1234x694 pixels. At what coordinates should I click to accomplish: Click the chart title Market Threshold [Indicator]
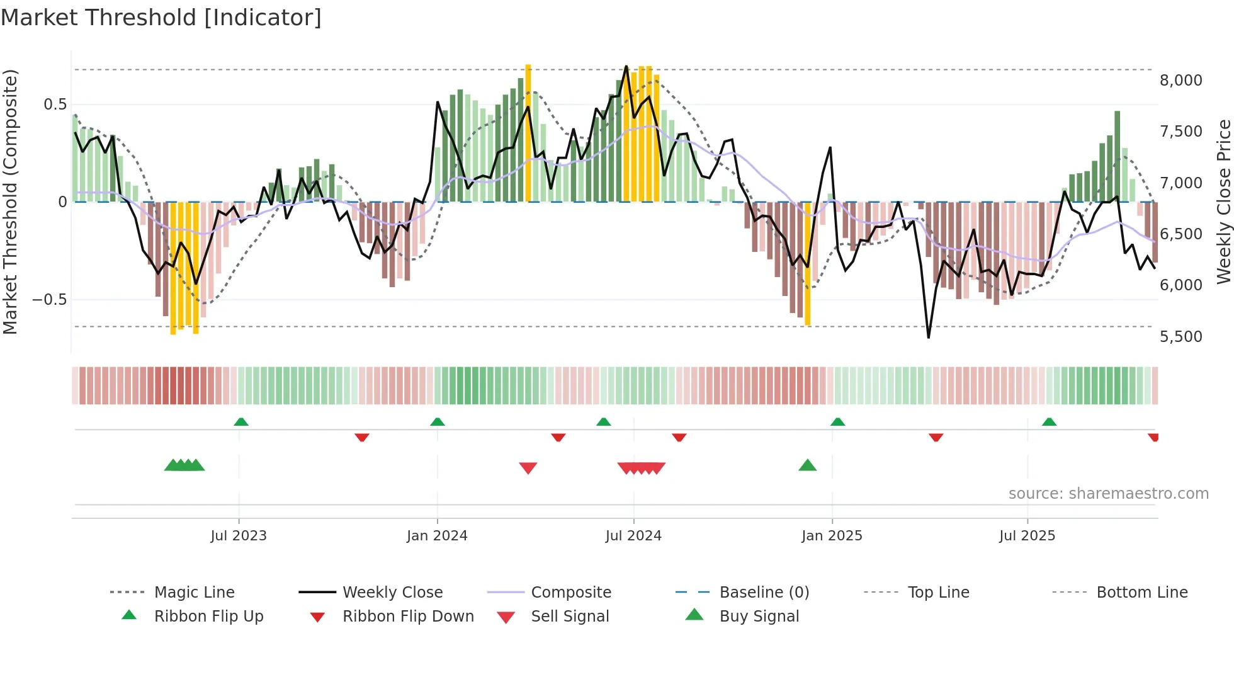pos(161,18)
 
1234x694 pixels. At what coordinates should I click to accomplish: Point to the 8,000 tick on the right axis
pos(1180,81)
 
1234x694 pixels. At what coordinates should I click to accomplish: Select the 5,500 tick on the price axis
pos(1180,337)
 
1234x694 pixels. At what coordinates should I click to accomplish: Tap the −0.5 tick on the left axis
pos(50,300)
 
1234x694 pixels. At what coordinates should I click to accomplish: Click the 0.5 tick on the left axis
pos(55,105)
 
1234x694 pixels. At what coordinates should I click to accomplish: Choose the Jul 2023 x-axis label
pos(239,536)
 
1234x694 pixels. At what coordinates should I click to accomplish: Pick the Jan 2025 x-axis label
pos(832,536)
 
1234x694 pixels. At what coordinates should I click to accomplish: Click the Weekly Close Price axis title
pos(1223,202)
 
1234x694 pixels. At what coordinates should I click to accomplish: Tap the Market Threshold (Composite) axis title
pos(10,202)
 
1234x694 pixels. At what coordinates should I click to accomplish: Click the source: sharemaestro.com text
pos(1108,494)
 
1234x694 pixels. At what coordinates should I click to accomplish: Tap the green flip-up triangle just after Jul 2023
pos(241,422)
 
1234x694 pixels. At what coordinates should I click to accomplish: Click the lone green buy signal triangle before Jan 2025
pos(807,465)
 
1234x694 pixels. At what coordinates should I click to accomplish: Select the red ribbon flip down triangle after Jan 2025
pos(936,437)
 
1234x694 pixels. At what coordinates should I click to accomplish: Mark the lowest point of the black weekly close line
pos(929,338)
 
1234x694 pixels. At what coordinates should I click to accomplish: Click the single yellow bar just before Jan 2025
pos(808,265)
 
